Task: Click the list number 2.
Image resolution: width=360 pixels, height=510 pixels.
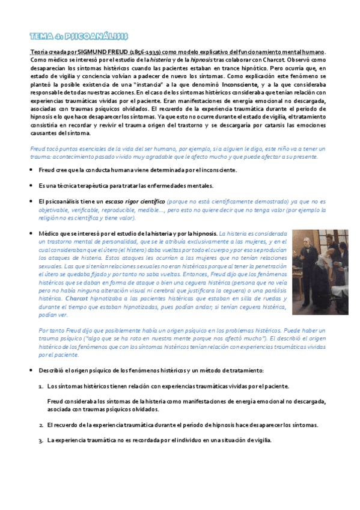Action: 41,425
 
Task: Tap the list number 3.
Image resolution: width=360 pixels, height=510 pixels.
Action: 41,440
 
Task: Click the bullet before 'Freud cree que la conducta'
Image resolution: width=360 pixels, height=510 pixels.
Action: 31,170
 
